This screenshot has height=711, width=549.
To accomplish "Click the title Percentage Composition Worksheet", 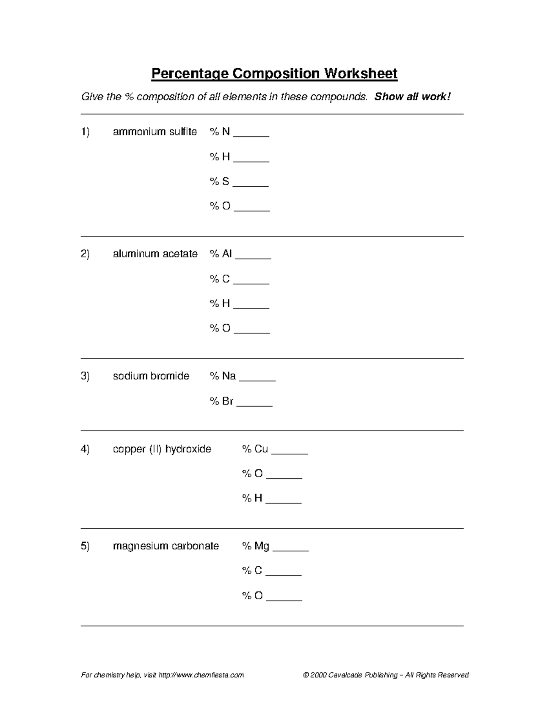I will [x=274, y=73].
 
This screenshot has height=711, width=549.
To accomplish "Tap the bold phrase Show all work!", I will [x=412, y=97].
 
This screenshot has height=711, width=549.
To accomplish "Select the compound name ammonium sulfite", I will [x=155, y=132].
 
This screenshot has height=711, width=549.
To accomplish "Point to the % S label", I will [x=220, y=181].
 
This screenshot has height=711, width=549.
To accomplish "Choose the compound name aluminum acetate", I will [x=155, y=254].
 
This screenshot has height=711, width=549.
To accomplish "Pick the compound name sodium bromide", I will [x=151, y=376].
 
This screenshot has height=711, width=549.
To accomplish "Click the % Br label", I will [x=221, y=402].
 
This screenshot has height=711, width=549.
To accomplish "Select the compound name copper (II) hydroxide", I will [x=162, y=449].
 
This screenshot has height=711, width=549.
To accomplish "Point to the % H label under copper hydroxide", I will [x=252, y=498].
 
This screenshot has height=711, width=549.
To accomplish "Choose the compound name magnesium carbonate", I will [x=166, y=546].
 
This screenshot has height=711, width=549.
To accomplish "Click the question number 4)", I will [x=85, y=449].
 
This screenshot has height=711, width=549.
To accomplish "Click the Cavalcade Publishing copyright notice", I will [x=386, y=675].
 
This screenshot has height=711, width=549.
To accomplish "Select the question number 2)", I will [x=85, y=254].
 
